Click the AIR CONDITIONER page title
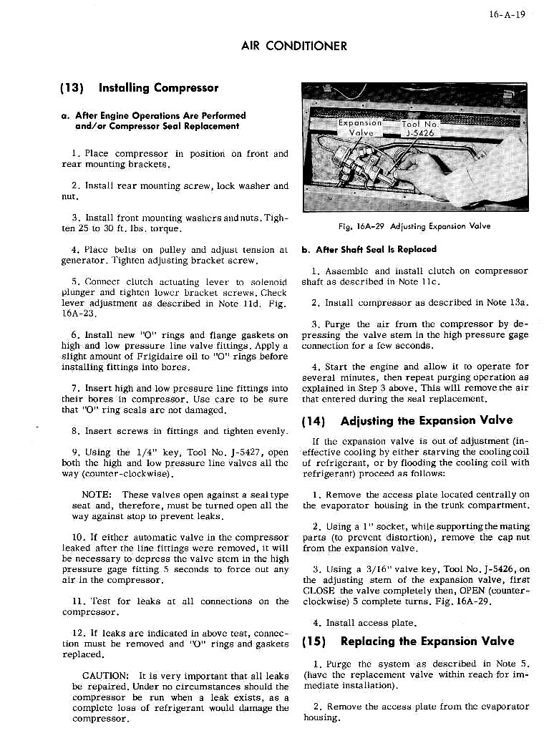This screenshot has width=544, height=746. coord(294,46)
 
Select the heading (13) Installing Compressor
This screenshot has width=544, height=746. coord(137,88)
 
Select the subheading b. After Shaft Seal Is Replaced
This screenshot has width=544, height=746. coord(369,250)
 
